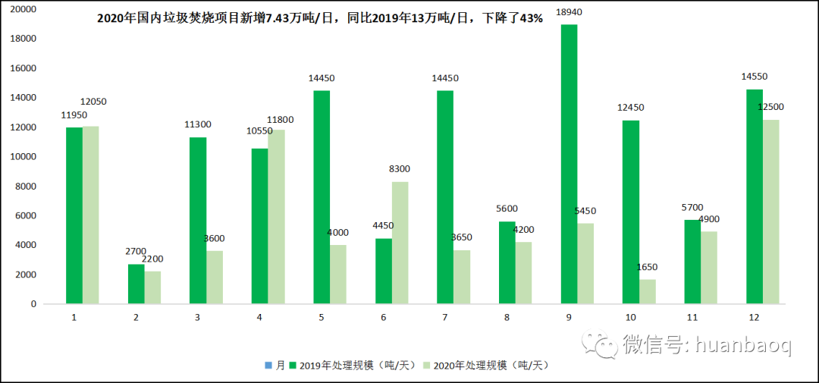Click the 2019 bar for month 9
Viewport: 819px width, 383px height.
pos(569,164)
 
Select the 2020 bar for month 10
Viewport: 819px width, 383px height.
pos(647,291)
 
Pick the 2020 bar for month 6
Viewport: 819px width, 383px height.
pos(400,243)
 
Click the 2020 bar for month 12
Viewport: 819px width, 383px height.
pos(770,212)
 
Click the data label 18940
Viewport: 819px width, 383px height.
pos(569,14)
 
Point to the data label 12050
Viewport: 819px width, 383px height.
pos(98,102)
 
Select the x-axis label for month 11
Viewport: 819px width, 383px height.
pos(693,318)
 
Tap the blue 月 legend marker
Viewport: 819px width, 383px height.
pos(268,366)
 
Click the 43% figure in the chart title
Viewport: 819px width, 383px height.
pos(530,18)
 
